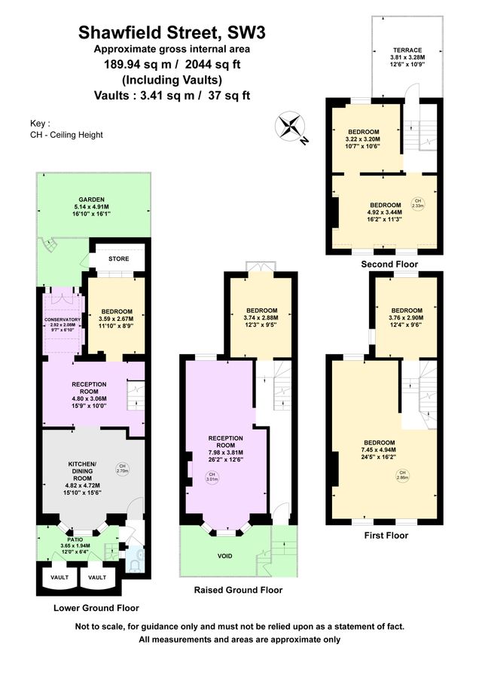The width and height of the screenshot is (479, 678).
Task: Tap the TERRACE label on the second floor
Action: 407,50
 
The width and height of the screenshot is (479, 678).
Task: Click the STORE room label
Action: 117,257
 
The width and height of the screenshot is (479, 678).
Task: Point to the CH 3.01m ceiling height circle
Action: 212,478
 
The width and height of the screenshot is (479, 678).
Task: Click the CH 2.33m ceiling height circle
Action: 417,202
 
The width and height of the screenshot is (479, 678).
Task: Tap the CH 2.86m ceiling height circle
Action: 425,475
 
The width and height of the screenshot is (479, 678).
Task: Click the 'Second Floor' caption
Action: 389,264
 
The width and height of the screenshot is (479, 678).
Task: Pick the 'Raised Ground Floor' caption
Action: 238,591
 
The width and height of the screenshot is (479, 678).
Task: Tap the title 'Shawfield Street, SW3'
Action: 172,32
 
